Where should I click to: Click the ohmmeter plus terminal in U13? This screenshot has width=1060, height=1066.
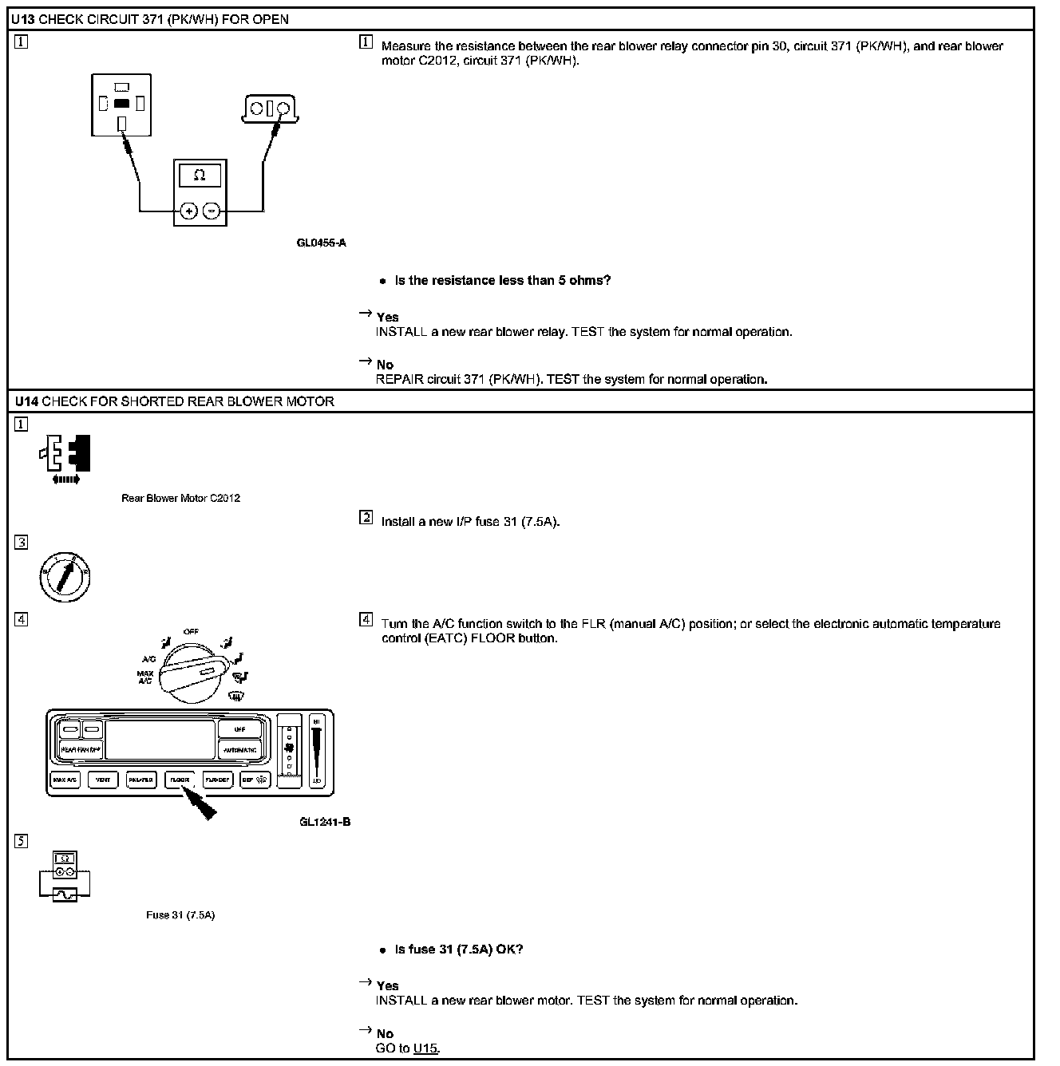pos(188,211)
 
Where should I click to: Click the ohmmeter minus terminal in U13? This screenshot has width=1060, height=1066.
pos(212,211)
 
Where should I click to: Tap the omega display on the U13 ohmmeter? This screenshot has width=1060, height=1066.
pos(200,176)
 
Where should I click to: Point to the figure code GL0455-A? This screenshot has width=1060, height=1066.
pos(321,243)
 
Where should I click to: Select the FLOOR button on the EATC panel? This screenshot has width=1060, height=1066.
pos(180,780)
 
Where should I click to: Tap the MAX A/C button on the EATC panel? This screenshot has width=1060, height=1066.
pos(65,780)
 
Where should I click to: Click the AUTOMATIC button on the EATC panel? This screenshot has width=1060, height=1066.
pos(239,750)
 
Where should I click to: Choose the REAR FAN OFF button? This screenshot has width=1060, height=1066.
pos(81,750)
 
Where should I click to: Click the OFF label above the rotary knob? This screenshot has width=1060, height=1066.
pos(191,631)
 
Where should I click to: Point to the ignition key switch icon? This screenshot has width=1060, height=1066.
pos(65,576)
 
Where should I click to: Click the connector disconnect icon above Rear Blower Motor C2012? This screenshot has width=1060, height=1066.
pos(65,456)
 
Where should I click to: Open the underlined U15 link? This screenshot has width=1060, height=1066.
pos(425,1048)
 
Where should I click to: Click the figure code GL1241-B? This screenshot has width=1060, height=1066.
pos(325,823)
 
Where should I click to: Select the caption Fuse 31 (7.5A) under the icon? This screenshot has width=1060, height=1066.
pos(180,915)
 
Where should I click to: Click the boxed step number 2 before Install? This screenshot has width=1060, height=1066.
pos(366,518)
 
